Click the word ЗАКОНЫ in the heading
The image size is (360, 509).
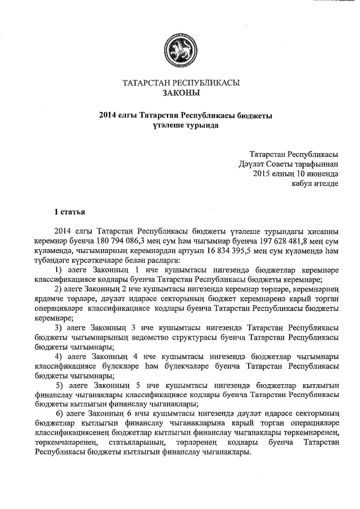pyautogui.click(x=181, y=93)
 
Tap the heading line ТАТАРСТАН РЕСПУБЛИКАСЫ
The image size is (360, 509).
pyautogui.click(x=181, y=83)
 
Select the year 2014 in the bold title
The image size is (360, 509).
pyautogui.click(x=107, y=116)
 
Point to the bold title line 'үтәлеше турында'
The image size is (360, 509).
pyautogui.click(x=181, y=126)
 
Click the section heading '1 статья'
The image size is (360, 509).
pyautogui.click(x=69, y=212)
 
